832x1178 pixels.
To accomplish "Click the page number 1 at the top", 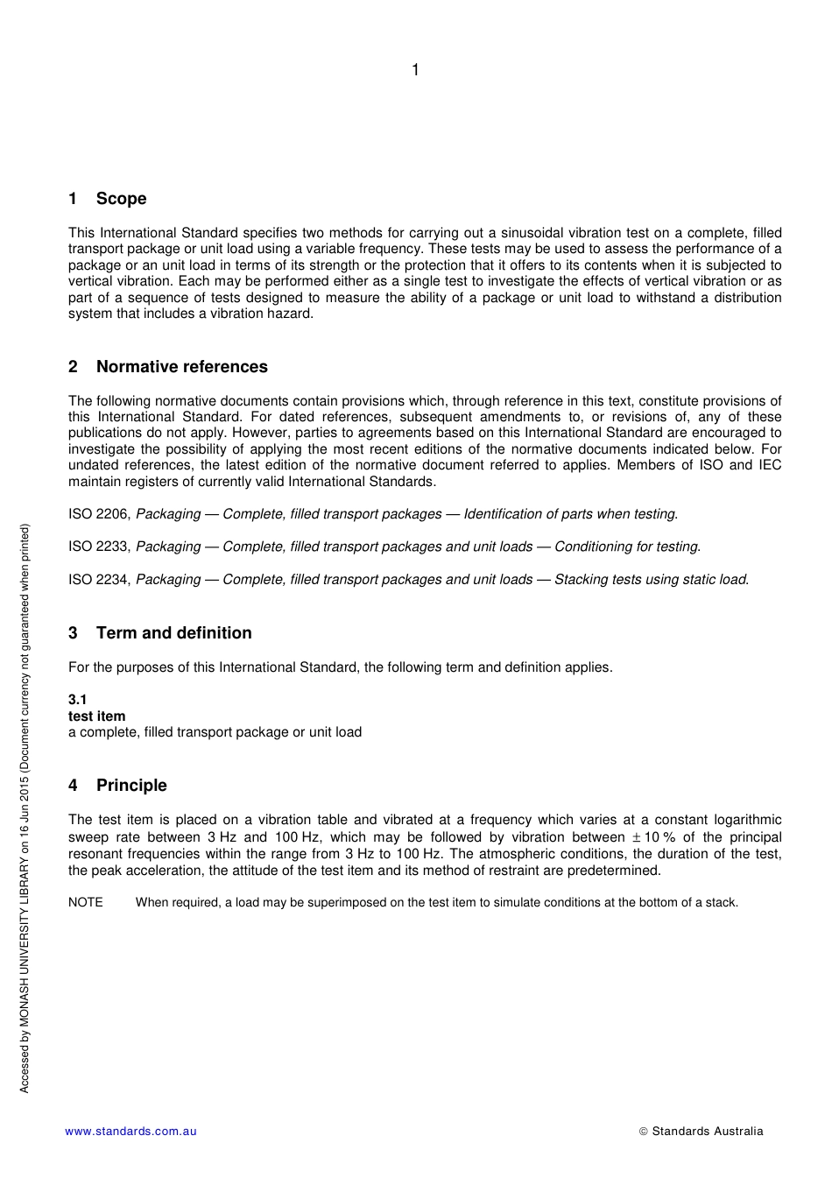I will coord(415,70).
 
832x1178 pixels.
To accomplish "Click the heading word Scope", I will coord(121,199).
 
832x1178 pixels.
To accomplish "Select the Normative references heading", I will coord(181,367).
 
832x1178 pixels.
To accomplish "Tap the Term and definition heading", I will coord(173,633).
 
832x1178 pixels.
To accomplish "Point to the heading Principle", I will coord(131,786).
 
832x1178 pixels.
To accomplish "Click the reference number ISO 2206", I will coord(99,514).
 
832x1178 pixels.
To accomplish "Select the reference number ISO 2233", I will coord(99,547).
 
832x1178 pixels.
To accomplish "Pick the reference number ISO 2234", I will coord(99,580).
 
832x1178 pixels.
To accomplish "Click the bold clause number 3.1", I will coord(78,700).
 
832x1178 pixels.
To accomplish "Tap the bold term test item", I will coord(97,716).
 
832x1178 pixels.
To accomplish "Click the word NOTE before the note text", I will coord(86,902).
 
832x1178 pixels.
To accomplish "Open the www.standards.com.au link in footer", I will coord(130,1132).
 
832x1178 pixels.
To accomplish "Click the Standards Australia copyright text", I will coord(702,1132).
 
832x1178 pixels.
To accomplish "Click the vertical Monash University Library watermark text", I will coord(25,808).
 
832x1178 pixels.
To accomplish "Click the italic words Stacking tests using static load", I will coord(651,580).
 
